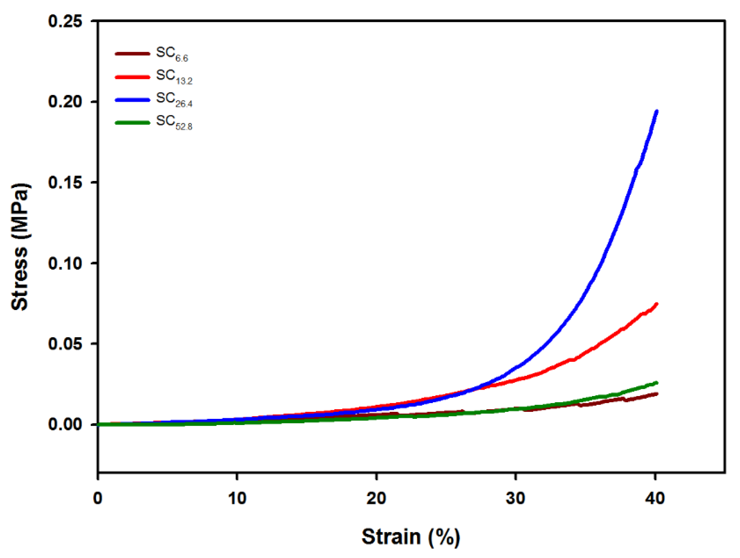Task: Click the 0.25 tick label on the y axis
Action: [x=65, y=22]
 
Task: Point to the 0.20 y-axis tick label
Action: [x=65, y=101]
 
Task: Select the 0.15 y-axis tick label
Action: [x=65, y=183]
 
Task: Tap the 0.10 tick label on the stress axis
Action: [x=65, y=263]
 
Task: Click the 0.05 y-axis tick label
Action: [x=65, y=344]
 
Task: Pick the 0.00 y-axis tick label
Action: [x=65, y=424]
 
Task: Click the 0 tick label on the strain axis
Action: [x=98, y=498]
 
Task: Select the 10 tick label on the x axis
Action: [x=237, y=498]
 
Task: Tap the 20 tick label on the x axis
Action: [x=376, y=498]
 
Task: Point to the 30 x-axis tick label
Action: [x=515, y=498]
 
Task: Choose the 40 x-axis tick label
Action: [x=655, y=498]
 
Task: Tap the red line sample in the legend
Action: [x=132, y=77]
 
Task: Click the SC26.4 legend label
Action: [x=174, y=99]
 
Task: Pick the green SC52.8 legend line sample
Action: [x=132, y=122]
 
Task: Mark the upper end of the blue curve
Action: [x=657, y=111]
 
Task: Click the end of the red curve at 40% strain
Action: [x=657, y=304]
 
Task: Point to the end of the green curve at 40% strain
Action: [x=657, y=383]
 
